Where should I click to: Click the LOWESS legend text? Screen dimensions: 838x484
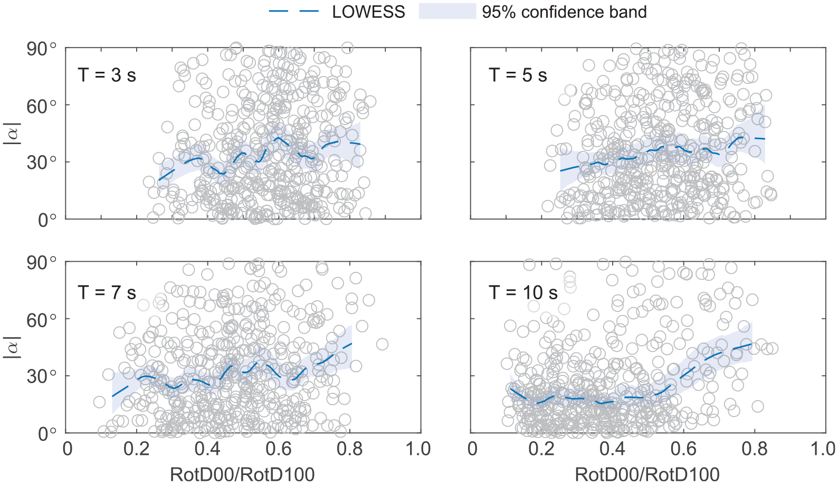point(368,12)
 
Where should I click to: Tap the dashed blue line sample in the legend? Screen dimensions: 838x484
point(294,12)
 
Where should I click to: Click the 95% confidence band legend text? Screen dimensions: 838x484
point(564,12)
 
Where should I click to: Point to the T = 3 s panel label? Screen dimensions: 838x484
point(107,75)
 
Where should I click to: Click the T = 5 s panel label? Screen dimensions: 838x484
point(518,75)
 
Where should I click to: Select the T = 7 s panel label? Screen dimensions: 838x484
point(107,292)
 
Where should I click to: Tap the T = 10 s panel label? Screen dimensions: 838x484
point(523,292)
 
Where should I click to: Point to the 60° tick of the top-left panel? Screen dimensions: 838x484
point(42,107)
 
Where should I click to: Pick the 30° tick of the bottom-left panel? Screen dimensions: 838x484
point(42,375)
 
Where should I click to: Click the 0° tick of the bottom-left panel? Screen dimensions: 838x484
point(47,433)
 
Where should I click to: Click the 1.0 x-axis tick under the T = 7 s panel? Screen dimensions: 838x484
point(418,449)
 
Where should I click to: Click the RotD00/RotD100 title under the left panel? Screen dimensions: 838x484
point(242,474)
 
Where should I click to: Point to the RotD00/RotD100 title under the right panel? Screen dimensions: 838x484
point(647,474)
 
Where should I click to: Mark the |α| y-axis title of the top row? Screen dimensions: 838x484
point(12,133)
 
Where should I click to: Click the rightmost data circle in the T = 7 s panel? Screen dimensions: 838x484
point(382,344)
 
